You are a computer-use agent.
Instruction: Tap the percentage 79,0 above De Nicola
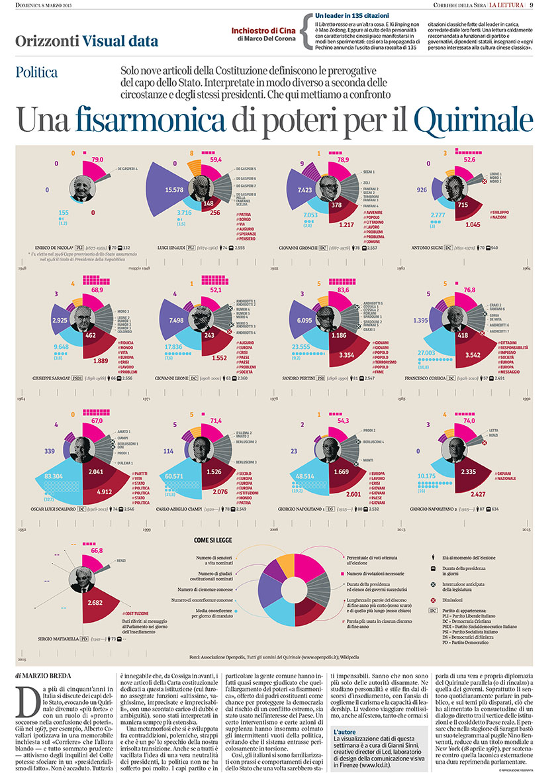(97, 160)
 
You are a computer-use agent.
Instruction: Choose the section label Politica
(37, 72)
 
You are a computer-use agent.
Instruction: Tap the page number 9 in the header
(550, 6)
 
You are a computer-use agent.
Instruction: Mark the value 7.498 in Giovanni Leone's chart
(180, 320)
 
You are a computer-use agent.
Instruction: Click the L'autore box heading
(346, 731)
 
